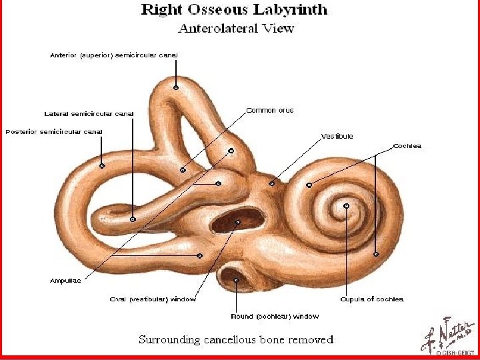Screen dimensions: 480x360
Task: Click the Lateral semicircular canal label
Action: (89, 113)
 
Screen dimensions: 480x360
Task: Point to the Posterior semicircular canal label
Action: (54, 131)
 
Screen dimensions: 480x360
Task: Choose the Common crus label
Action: (269, 110)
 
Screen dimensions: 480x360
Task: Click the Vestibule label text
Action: (337, 136)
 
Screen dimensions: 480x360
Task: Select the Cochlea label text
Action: (407, 145)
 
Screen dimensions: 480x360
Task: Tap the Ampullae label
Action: (65, 280)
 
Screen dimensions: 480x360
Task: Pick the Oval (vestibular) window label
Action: (153, 299)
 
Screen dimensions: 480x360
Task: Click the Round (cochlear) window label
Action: (275, 316)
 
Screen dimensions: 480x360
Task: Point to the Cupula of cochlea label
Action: (371, 299)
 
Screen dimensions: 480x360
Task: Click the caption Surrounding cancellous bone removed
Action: (235, 339)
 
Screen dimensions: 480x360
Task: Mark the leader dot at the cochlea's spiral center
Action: (346, 205)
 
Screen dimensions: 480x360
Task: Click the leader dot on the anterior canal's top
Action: (176, 87)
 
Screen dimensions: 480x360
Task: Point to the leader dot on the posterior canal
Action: (102, 165)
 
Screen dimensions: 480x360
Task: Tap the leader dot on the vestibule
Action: (271, 183)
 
